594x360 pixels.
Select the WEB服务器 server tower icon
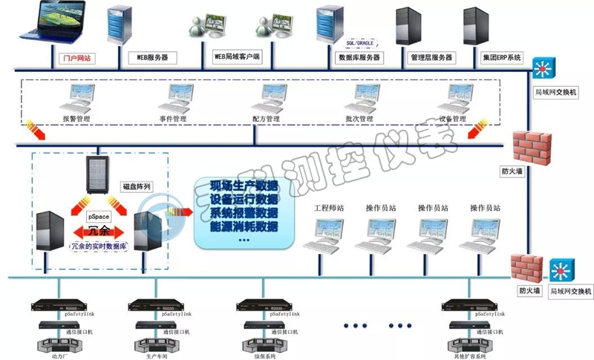tap(120, 27)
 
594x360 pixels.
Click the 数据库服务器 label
tap(359, 56)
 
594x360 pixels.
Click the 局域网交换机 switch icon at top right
tap(543, 68)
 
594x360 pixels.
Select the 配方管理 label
tap(266, 119)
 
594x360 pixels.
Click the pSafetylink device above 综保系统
tap(259, 305)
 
